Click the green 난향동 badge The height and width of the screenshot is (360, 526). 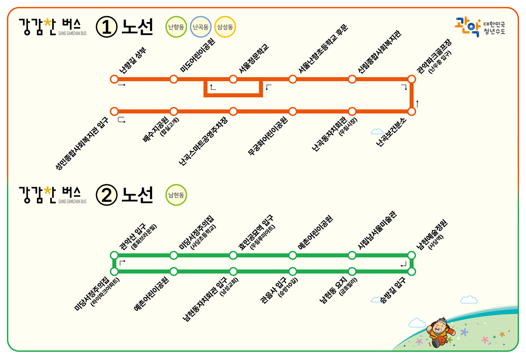pos(176,27)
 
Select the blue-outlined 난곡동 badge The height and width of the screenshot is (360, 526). pos(201,27)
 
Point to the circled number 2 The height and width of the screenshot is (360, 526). pos(107,195)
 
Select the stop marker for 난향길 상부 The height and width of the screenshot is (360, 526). pos(114,79)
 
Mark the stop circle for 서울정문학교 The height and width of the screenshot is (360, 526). pos(233,79)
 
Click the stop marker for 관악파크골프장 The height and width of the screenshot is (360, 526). pos(411,79)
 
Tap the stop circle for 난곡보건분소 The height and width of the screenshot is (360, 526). pos(411,111)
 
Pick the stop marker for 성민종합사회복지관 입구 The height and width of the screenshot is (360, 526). pos(114,111)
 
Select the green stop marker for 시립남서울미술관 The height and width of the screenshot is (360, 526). pos(352,255)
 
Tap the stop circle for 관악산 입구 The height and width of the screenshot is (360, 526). pos(114,255)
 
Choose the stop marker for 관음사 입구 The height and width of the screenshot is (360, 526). pos(292,271)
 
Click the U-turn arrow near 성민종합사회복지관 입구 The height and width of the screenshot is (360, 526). pos(121,120)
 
